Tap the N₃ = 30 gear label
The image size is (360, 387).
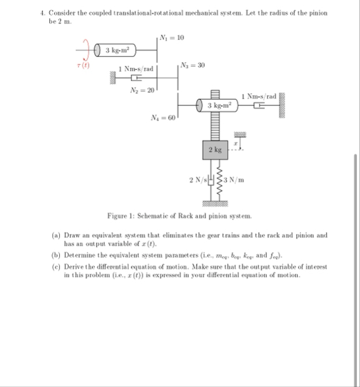pos(189,64)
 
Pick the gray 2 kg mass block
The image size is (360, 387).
pos(215,150)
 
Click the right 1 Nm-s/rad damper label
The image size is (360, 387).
pos(258,95)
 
